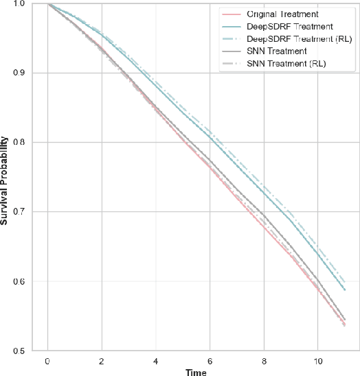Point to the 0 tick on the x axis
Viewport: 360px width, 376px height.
point(47,360)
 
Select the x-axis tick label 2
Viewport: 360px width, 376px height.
point(102,360)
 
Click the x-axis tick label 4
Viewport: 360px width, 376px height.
point(155,360)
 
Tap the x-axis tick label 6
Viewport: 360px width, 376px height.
point(210,360)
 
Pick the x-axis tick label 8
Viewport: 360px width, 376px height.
point(263,360)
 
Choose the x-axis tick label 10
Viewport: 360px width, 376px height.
point(317,360)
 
